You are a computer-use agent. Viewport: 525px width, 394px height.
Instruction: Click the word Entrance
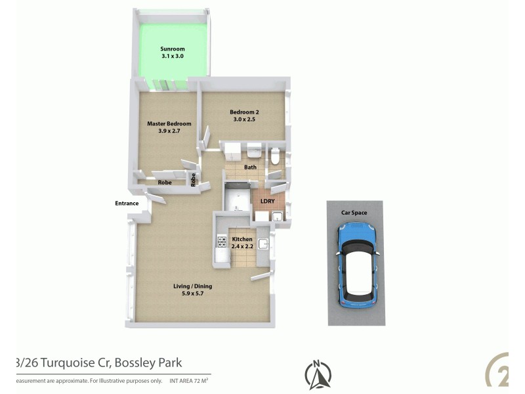127,203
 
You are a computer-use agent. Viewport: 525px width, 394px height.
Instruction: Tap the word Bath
250,167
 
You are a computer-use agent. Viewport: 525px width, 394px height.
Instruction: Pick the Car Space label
354,213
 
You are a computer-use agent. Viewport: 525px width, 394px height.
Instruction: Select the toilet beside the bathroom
276,156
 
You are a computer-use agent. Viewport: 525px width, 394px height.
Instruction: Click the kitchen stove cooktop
222,242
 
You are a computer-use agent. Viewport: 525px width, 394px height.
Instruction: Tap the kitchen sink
263,244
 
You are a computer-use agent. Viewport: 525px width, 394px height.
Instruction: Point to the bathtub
236,197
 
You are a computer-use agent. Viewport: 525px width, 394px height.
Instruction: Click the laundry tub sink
277,216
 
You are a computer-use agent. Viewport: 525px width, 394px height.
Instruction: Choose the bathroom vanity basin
253,152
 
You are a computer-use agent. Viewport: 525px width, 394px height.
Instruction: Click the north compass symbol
318,375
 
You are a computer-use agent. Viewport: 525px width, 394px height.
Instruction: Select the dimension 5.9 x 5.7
192,294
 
